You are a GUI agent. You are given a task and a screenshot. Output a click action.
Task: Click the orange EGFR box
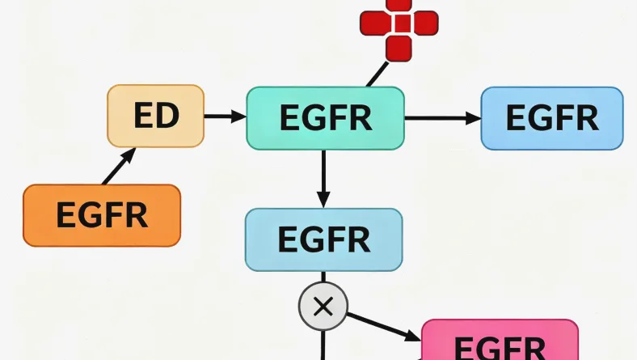coord(101,215)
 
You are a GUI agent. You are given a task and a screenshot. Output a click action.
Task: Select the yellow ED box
coord(155,116)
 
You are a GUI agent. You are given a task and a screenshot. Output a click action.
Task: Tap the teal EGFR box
coord(324,118)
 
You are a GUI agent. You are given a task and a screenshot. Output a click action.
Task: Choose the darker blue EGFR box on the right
coord(551,118)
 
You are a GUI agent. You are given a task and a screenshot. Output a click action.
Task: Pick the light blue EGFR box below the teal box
coord(323,239)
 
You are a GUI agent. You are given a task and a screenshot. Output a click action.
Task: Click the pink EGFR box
coord(500,344)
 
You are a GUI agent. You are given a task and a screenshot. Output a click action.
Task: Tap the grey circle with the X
coord(323,307)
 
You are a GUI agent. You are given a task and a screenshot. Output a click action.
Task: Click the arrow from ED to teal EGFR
coord(224,117)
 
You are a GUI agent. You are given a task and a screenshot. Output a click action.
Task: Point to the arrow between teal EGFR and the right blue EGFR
coord(441,118)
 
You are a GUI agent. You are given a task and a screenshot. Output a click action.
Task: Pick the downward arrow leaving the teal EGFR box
coord(323,179)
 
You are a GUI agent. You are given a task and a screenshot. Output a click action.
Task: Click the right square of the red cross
coord(424,23)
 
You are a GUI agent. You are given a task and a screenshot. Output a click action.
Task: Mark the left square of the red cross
coord(373,23)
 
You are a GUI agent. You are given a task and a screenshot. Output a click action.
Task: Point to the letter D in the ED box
coord(167,116)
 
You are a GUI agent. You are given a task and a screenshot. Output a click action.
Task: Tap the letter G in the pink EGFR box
coord(482,348)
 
